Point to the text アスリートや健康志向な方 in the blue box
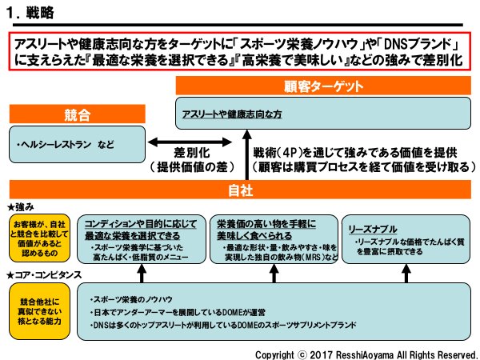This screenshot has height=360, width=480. pyautogui.click(x=232, y=115)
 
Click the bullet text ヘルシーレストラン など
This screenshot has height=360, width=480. pyautogui.click(x=65, y=145)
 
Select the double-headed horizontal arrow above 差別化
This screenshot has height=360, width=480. pyautogui.click(x=191, y=139)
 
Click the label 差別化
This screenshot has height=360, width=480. pyautogui.click(x=193, y=152)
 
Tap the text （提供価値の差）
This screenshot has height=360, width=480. pyautogui.click(x=192, y=168)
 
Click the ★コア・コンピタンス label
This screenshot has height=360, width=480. pyautogui.click(x=43, y=275)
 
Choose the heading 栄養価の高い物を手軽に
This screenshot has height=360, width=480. pyautogui.click(x=265, y=222)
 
